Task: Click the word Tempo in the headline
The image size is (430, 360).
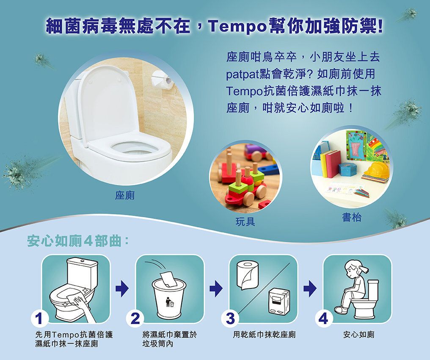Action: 238,27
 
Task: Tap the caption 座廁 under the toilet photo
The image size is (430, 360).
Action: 125,195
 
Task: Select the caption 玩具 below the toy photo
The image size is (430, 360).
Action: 245,222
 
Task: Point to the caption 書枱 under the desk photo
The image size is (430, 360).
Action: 352,217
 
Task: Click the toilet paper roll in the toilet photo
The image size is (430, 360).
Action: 163,80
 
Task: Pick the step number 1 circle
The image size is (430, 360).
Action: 39,319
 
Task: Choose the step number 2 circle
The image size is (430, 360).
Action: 135,319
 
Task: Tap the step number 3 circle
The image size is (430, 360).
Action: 230,319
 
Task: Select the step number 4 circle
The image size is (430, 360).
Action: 324,319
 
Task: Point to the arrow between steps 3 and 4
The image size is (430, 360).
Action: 310,289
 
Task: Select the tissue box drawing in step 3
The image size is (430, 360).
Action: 279,301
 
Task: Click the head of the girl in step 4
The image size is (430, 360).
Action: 354,269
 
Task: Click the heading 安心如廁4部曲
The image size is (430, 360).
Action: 78,241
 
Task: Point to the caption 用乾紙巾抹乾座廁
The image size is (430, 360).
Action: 264,335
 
